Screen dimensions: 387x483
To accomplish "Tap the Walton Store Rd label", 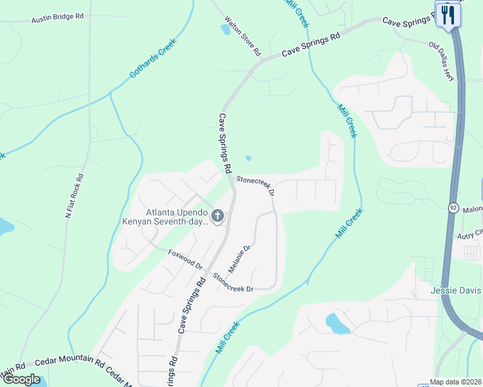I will (243, 35).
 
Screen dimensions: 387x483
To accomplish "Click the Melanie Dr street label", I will (238, 257).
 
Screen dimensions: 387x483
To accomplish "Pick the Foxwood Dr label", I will (186, 261).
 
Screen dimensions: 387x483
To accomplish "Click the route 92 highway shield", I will (455, 207).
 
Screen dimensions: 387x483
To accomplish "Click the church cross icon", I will (218, 216).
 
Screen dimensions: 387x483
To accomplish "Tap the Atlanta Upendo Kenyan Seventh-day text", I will (166, 217).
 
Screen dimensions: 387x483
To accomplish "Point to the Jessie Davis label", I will (457, 291).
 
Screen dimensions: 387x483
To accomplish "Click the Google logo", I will (21, 379).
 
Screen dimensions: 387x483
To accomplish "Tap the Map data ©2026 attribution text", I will (454, 382).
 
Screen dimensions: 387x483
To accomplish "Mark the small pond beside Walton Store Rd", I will (225, 28).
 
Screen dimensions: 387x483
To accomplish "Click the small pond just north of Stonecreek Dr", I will (249, 158).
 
